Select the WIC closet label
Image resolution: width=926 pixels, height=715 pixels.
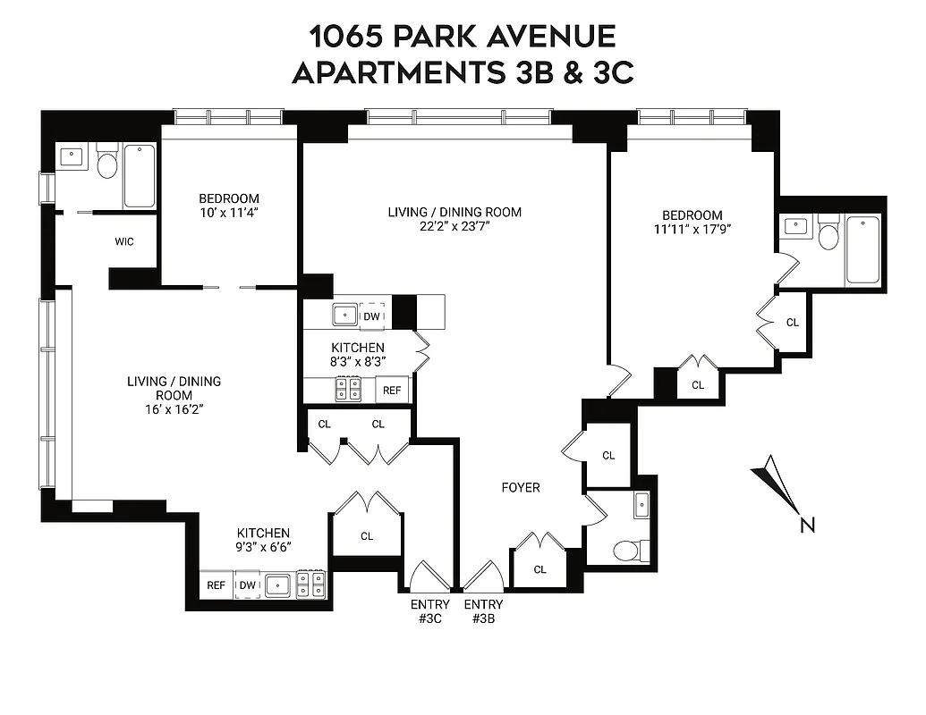click(x=124, y=241)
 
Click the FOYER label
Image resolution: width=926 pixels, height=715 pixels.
click(x=520, y=487)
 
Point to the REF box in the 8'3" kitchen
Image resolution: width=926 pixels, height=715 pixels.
click(x=393, y=390)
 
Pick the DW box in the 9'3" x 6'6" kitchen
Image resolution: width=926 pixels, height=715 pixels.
click(x=248, y=585)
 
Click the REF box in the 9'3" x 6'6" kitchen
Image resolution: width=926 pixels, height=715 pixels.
click(x=216, y=585)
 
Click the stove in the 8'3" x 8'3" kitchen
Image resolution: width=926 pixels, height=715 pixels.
click(x=348, y=390)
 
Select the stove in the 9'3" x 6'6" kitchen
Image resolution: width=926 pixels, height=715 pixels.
click(x=311, y=585)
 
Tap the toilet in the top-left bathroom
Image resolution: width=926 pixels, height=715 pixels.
click(x=107, y=163)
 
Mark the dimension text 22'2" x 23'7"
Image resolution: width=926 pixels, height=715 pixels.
click(x=454, y=227)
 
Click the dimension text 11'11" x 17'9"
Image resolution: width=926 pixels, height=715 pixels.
click(x=692, y=230)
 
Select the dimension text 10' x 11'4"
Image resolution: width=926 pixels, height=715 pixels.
click(x=228, y=213)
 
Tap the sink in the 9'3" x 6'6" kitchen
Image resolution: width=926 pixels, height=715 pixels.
click(x=277, y=585)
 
